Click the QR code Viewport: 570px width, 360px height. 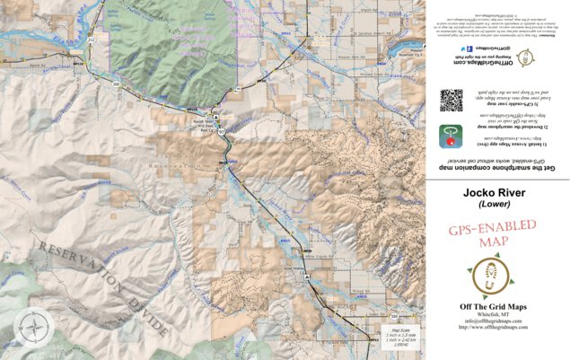[x=452, y=100]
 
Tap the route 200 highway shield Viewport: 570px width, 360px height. [x=116, y=83]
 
